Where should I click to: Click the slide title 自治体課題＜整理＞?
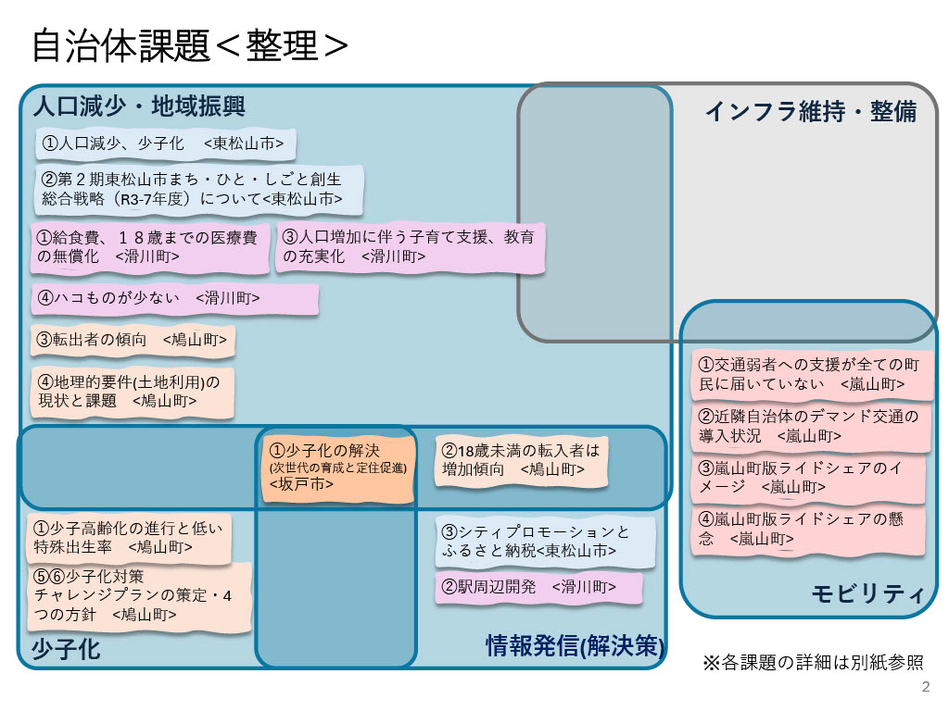[x=190, y=45]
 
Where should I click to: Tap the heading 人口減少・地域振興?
[x=138, y=106]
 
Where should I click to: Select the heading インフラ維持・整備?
[x=810, y=111]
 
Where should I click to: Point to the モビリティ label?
[x=867, y=594]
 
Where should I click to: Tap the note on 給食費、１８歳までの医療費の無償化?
[x=151, y=247]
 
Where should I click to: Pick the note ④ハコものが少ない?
[x=175, y=299]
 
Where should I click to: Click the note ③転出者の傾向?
[x=133, y=340]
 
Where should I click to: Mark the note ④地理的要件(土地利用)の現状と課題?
[x=133, y=392]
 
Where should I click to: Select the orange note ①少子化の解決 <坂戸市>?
[x=337, y=466]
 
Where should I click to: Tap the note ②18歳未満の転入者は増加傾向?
[x=522, y=460]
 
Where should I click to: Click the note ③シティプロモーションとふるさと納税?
[x=545, y=542]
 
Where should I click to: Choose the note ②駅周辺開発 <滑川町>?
[x=538, y=587]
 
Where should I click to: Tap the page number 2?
[x=926, y=687]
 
